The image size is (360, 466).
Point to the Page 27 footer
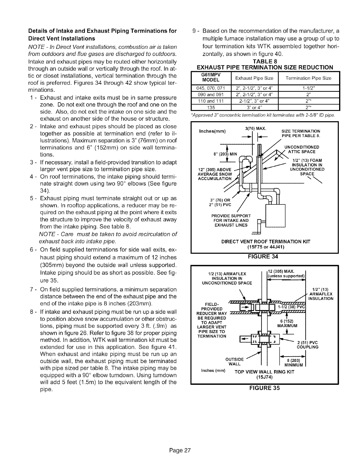(x=180, y=450)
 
